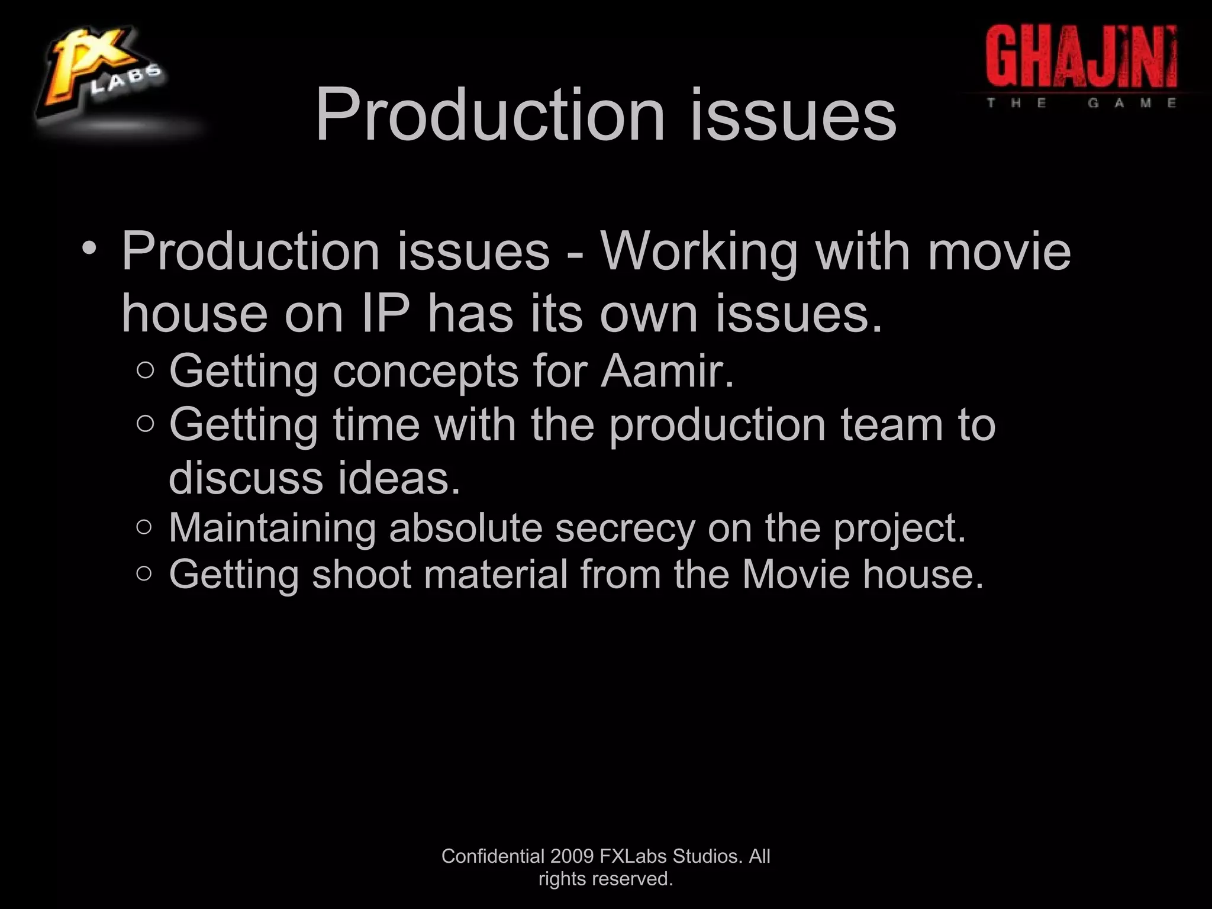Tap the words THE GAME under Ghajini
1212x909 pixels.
coord(1081,103)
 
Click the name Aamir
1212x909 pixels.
coord(668,371)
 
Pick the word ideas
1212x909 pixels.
coord(398,478)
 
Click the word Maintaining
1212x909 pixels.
coord(272,528)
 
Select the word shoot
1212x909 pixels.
coord(362,574)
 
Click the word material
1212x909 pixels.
coord(496,574)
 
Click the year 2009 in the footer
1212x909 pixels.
coord(572,856)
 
